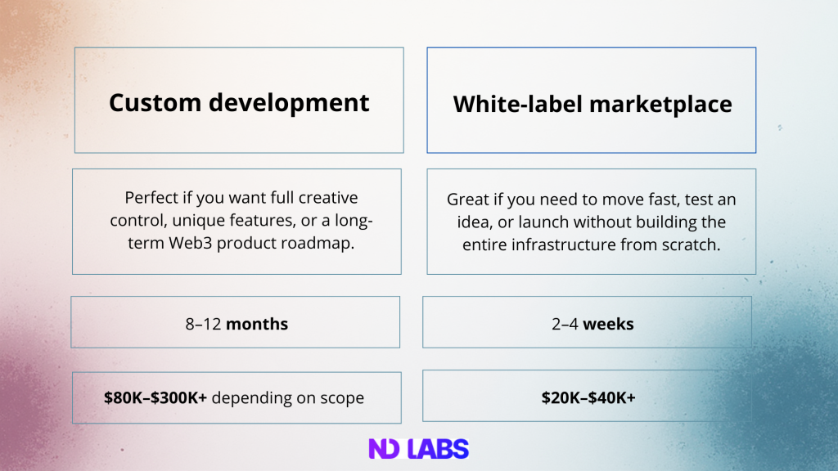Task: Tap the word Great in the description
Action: click(467, 199)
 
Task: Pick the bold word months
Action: click(257, 324)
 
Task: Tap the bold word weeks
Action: click(608, 324)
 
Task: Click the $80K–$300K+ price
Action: click(155, 397)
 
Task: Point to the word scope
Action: click(342, 397)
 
